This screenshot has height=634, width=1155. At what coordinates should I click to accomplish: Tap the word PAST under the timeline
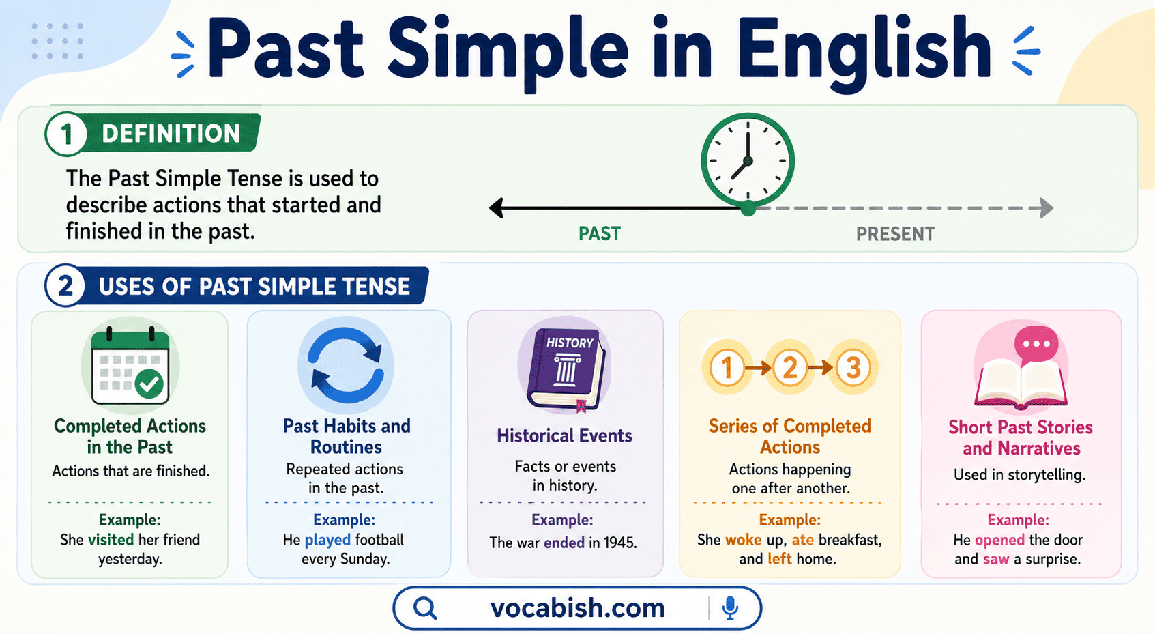point(599,234)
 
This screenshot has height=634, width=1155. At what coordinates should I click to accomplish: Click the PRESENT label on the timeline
point(895,234)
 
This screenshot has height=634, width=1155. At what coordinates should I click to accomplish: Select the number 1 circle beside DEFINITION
point(66,134)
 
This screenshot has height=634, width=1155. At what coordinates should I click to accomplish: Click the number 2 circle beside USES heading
point(65,286)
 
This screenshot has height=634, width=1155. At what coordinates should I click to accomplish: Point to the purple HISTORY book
point(565,367)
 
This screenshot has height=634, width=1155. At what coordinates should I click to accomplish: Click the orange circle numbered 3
point(853,368)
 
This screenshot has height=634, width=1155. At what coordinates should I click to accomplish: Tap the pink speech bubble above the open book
point(1036,344)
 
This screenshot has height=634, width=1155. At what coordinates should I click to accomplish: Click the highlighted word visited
point(111,540)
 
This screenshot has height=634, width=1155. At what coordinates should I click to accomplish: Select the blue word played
point(327,540)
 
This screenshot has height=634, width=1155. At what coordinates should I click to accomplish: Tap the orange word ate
point(802,540)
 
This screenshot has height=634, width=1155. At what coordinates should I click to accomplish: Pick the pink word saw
point(995,559)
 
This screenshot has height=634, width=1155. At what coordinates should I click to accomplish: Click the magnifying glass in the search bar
point(425,607)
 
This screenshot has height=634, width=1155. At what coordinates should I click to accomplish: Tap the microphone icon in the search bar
point(730,607)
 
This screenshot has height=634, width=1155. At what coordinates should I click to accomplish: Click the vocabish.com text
point(577,607)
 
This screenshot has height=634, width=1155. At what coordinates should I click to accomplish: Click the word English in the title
point(863,49)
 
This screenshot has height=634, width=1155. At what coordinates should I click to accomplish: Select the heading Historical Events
point(564,435)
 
